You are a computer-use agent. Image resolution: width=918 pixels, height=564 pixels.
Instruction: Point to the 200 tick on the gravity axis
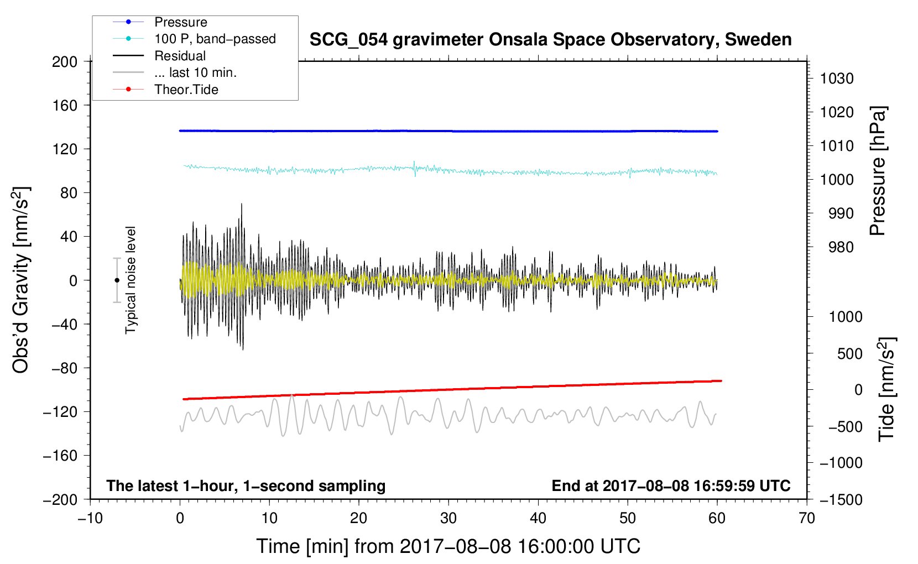(x=65, y=62)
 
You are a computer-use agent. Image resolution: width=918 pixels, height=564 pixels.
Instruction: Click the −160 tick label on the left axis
(x=60, y=456)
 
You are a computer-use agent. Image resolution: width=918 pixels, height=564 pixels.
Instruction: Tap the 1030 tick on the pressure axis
(x=837, y=79)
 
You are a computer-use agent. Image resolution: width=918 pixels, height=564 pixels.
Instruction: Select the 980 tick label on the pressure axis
(x=841, y=247)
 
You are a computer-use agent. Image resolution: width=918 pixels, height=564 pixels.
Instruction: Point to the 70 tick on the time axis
(x=807, y=519)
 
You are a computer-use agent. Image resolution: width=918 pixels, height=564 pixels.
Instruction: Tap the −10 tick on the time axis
(x=90, y=519)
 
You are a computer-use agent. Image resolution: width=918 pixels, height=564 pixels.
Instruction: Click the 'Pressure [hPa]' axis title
(x=878, y=171)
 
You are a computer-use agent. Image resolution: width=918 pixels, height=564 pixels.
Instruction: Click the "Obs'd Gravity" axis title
(x=20, y=280)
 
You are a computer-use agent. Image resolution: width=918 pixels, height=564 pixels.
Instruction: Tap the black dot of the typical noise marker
(x=117, y=280)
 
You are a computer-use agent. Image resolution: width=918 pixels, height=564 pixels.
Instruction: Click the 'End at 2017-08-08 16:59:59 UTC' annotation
(x=671, y=485)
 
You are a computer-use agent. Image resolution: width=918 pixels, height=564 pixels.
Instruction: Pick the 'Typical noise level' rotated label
(x=131, y=280)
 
